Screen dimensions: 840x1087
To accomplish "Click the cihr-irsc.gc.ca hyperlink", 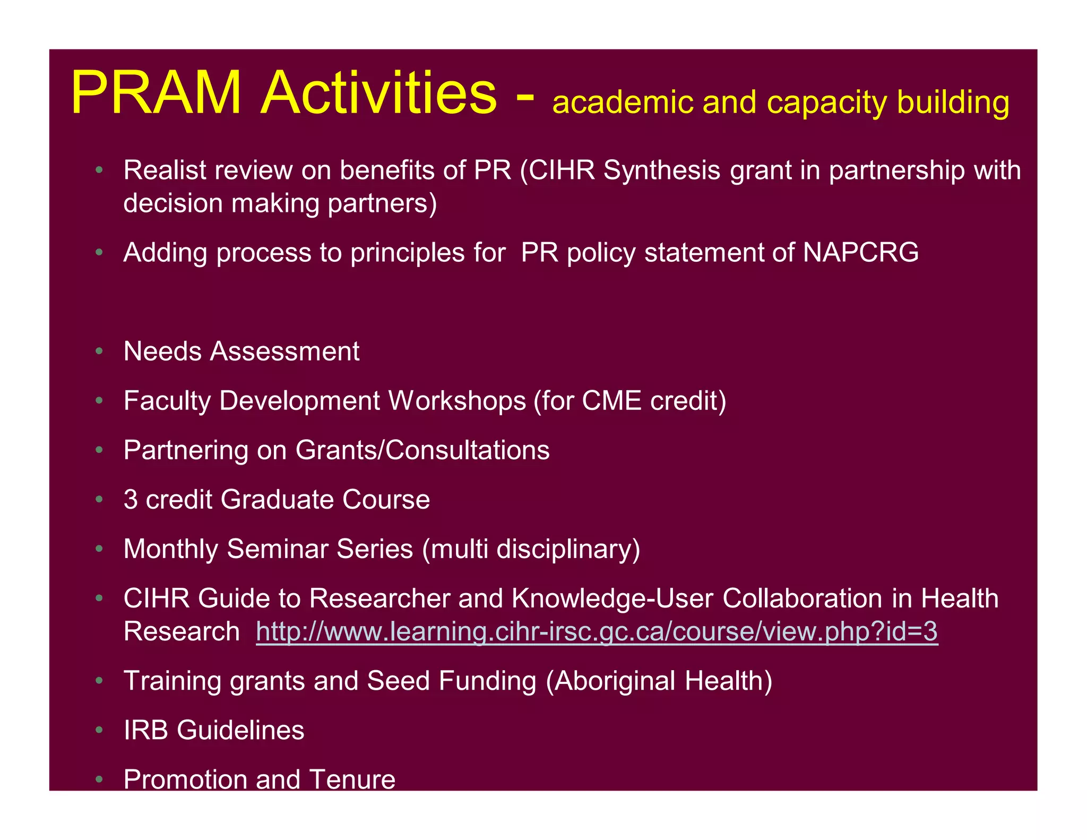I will (597, 631).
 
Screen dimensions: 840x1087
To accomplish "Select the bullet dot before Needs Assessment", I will (99, 352).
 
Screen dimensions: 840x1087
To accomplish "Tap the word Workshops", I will (457, 400).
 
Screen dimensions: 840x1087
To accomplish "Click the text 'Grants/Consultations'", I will (422, 450).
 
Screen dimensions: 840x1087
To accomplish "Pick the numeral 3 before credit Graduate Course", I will (131, 499).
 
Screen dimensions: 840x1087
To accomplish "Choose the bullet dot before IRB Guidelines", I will (99, 731).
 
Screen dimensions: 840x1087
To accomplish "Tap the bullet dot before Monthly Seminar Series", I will (99, 549).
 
